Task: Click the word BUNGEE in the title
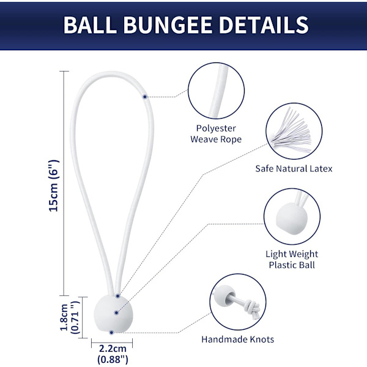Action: pyautogui.click(x=168, y=25)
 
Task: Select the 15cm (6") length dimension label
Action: pyautogui.click(x=54, y=186)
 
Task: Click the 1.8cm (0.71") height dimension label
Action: pyautogui.click(x=70, y=317)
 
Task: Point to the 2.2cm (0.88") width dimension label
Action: pyautogui.click(x=113, y=354)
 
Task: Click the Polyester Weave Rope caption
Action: pyautogui.click(x=216, y=134)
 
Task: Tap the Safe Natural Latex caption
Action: pyautogui.click(x=294, y=169)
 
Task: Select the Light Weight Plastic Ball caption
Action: pyautogui.click(x=292, y=259)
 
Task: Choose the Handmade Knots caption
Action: pyautogui.click(x=237, y=339)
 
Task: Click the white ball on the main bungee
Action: pyautogui.click(x=113, y=314)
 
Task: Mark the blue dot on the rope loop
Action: pyautogui.click(x=145, y=97)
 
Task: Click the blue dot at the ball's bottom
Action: pyautogui.click(x=111, y=333)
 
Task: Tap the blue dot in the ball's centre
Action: pyautogui.click(x=117, y=313)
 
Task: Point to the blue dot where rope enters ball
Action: pyautogui.click(x=117, y=296)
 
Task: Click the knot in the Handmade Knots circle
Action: pyautogui.click(x=252, y=307)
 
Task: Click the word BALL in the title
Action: pyautogui.click(x=90, y=25)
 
